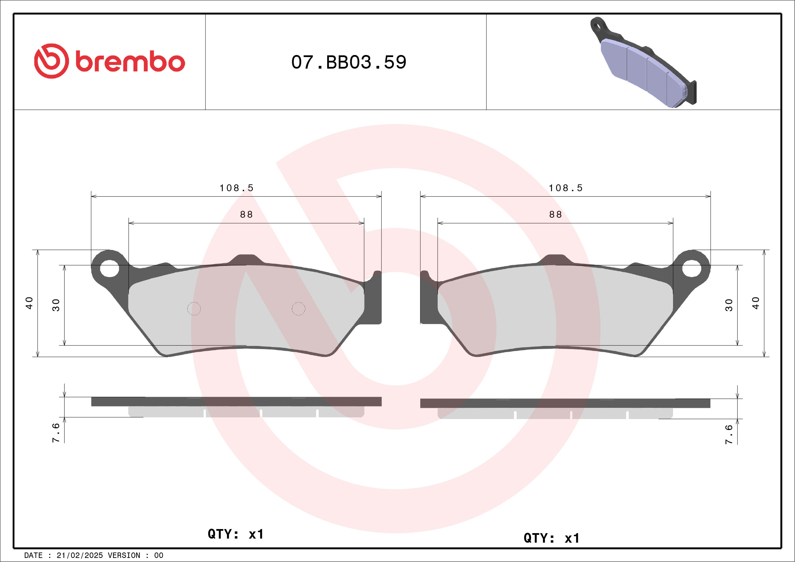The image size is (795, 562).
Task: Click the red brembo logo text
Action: tap(130, 62)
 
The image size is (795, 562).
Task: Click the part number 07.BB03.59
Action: tap(348, 62)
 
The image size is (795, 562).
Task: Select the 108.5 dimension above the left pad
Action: tap(236, 188)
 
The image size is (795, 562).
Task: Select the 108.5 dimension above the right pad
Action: tap(565, 188)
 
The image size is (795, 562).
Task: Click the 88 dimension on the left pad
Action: tap(246, 215)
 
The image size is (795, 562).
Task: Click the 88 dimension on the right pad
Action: tap(555, 215)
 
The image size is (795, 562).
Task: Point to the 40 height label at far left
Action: tap(29, 303)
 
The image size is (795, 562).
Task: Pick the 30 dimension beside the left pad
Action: tap(56, 305)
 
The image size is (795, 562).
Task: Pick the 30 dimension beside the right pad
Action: tap(728, 305)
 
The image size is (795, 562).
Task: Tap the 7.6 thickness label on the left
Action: tap(56, 432)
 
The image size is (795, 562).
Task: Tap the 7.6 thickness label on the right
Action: tap(728, 434)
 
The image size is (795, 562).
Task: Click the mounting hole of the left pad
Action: tap(109, 268)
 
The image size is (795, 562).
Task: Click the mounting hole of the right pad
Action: tap(691, 268)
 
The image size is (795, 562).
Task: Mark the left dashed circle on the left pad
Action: tap(194, 309)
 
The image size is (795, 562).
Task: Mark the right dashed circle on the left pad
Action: tap(298, 309)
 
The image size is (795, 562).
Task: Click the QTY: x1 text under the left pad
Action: tap(235, 534)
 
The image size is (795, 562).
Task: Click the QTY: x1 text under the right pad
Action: tap(551, 538)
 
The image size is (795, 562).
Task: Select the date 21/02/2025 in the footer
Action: tap(79, 556)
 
